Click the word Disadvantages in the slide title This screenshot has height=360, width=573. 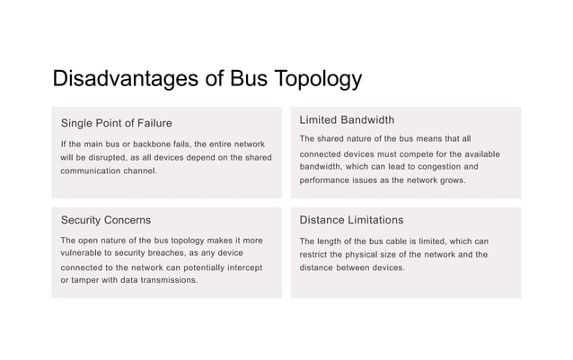click(127, 79)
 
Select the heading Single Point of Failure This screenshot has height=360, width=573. click(117, 123)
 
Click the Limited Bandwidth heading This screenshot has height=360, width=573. click(347, 120)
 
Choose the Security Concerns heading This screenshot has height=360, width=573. click(106, 220)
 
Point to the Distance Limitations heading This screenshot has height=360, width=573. click(351, 220)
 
